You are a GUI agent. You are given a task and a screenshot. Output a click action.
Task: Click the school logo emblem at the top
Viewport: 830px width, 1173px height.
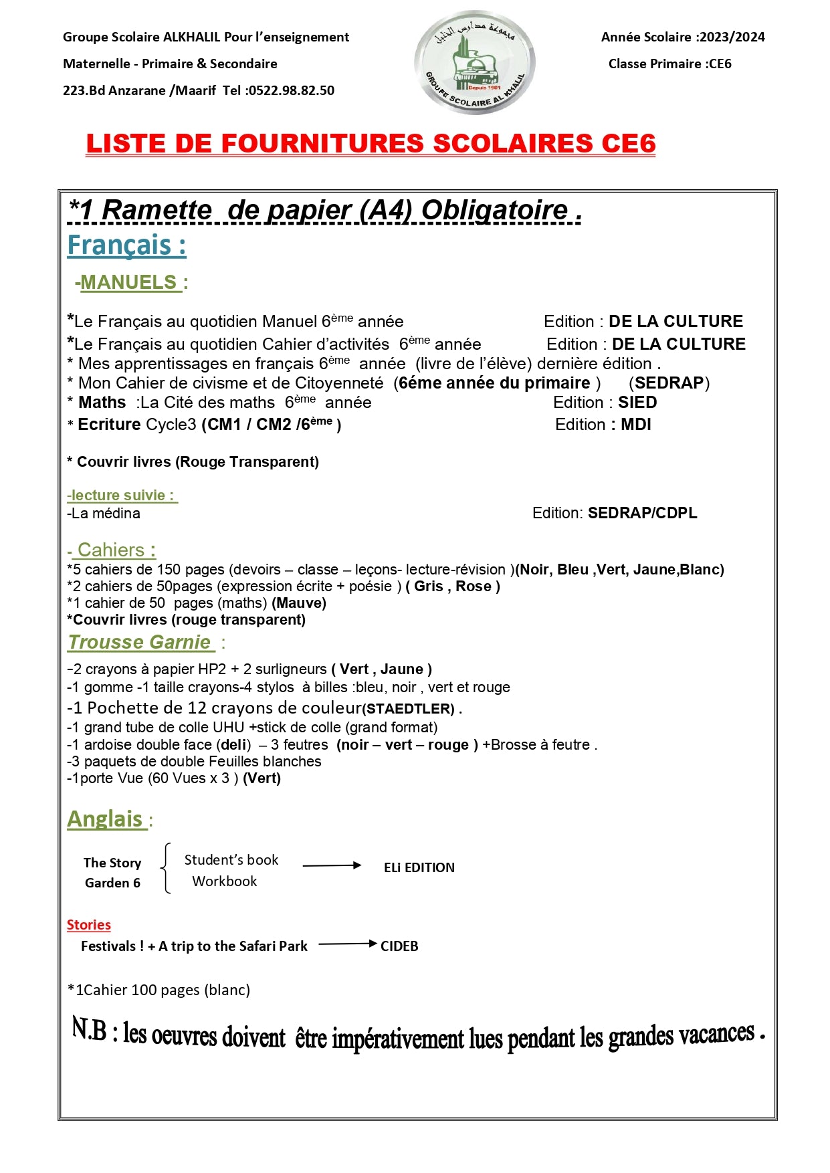tap(474, 62)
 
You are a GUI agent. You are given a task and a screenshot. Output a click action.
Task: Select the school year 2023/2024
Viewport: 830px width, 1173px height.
tap(732, 37)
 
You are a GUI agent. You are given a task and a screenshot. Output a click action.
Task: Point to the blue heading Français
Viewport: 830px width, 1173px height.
tap(126, 245)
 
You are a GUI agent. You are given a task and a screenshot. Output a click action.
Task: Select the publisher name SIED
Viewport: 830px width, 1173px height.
tap(637, 403)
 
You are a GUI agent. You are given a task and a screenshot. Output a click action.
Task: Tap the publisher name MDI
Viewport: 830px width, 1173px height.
tap(635, 425)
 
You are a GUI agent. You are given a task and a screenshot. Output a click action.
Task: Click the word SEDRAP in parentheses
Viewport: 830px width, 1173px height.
tap(669, 383)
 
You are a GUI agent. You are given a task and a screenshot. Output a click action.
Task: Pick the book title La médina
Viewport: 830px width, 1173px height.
tap(105, 514)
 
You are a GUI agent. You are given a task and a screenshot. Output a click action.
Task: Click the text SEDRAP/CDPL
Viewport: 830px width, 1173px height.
tap(642, 513)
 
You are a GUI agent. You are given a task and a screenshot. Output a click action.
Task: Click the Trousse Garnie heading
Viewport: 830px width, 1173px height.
tap(140, 642)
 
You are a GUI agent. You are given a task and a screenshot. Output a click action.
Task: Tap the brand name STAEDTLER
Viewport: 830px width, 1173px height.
tap(410, 709)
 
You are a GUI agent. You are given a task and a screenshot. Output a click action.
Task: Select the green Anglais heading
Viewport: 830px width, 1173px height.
tap(106, 819)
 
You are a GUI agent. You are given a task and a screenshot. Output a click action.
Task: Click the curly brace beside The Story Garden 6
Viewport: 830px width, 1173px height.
tap(166, 868)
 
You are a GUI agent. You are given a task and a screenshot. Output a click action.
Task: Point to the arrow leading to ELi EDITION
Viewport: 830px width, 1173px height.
tap(332, 865)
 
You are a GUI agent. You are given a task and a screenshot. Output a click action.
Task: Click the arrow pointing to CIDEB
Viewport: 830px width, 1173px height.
tap(348, 944)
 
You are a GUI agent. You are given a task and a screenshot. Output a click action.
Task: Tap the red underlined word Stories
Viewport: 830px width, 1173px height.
tap(88, 925)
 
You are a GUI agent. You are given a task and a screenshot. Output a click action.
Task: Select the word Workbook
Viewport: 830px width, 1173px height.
tap(224, 881)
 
